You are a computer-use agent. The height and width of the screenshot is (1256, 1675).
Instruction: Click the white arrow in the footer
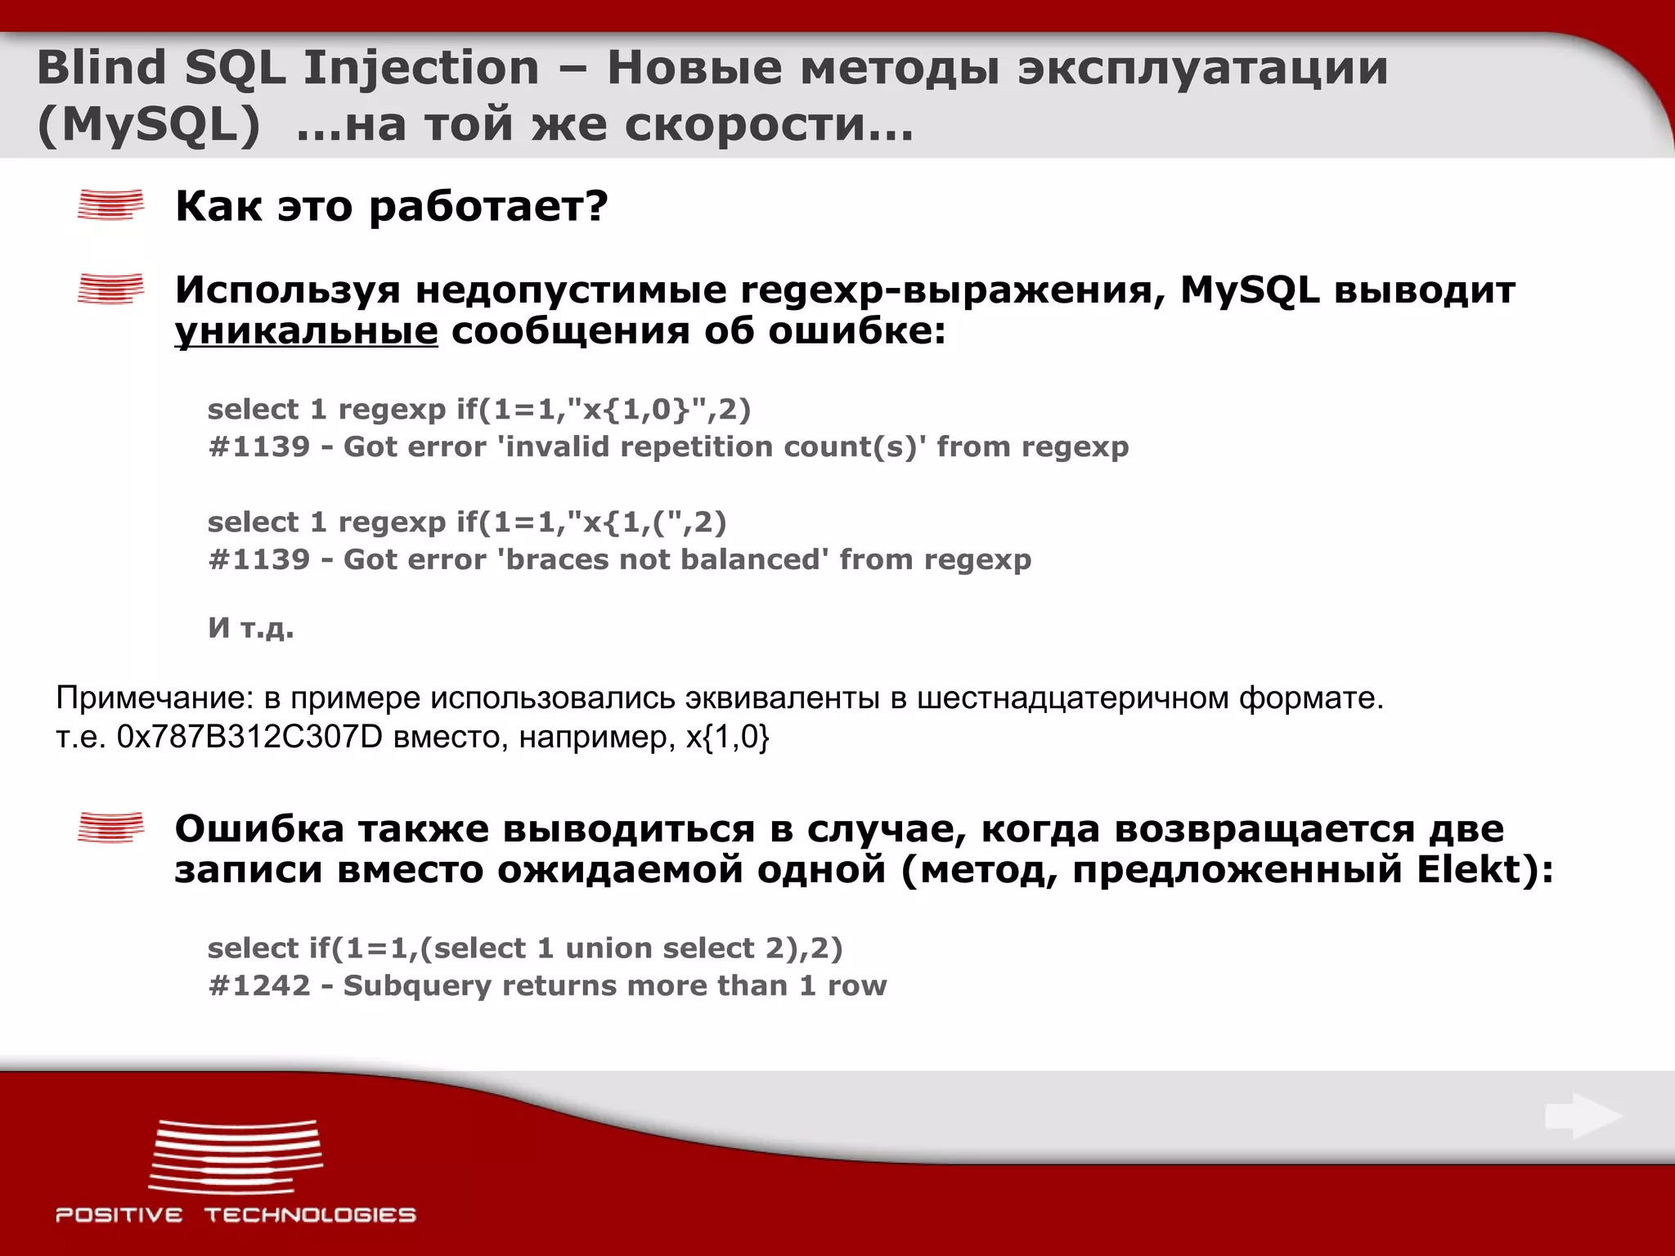pos(1583,1116)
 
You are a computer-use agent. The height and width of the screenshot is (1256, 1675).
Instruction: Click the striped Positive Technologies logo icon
pos(236,1156)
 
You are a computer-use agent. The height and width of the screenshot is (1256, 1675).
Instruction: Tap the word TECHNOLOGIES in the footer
pos(310,1215)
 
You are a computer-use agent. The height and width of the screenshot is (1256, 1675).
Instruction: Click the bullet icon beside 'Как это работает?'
pos(110,205)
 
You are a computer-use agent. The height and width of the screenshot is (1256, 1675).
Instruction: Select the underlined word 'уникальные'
pos(306,332)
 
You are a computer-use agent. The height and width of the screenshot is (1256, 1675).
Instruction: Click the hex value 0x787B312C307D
pos(249,738)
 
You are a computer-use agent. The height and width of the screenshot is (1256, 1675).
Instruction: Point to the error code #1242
pos(259,986)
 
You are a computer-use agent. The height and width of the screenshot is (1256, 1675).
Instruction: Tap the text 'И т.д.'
pos(250,628)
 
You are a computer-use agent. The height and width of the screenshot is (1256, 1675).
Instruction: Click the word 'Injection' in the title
pos(420,68)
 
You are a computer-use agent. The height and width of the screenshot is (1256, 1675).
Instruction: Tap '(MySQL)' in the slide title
pos(148,125)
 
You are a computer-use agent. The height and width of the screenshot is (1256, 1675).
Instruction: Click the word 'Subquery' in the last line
pos(416,986)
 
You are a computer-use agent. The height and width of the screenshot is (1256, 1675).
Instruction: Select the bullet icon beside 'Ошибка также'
pos(110,828)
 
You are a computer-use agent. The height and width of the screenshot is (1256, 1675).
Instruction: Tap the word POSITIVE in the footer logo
pos(119,1215)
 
